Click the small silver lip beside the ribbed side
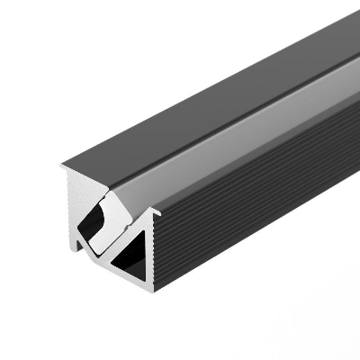[155, 214]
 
